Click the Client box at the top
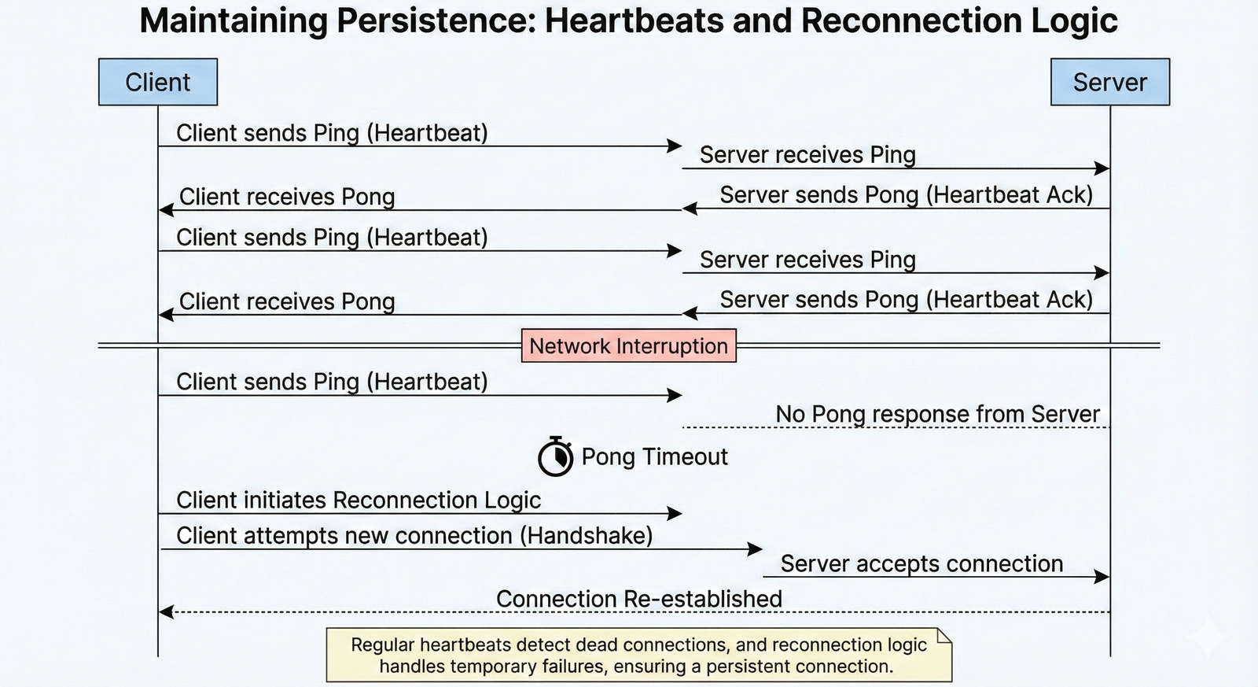pos(157,82)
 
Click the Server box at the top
pos(1109,82)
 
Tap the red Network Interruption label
pos(628,345)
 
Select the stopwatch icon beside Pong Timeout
pos(555,457)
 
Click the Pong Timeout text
pos(654,457)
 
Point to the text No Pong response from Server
pos(937,414)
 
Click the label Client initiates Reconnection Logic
pos(359,500)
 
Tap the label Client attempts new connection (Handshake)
pos(414,536)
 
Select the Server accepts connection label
pos(921,564)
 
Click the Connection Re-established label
pos(638,600)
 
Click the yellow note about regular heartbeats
pos(638,656)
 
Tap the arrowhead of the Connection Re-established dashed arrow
pos(165,611)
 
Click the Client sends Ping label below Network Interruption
pos(332,382)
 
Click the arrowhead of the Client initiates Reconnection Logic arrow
pos(675,514)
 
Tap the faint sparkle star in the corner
pos(1208,636)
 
